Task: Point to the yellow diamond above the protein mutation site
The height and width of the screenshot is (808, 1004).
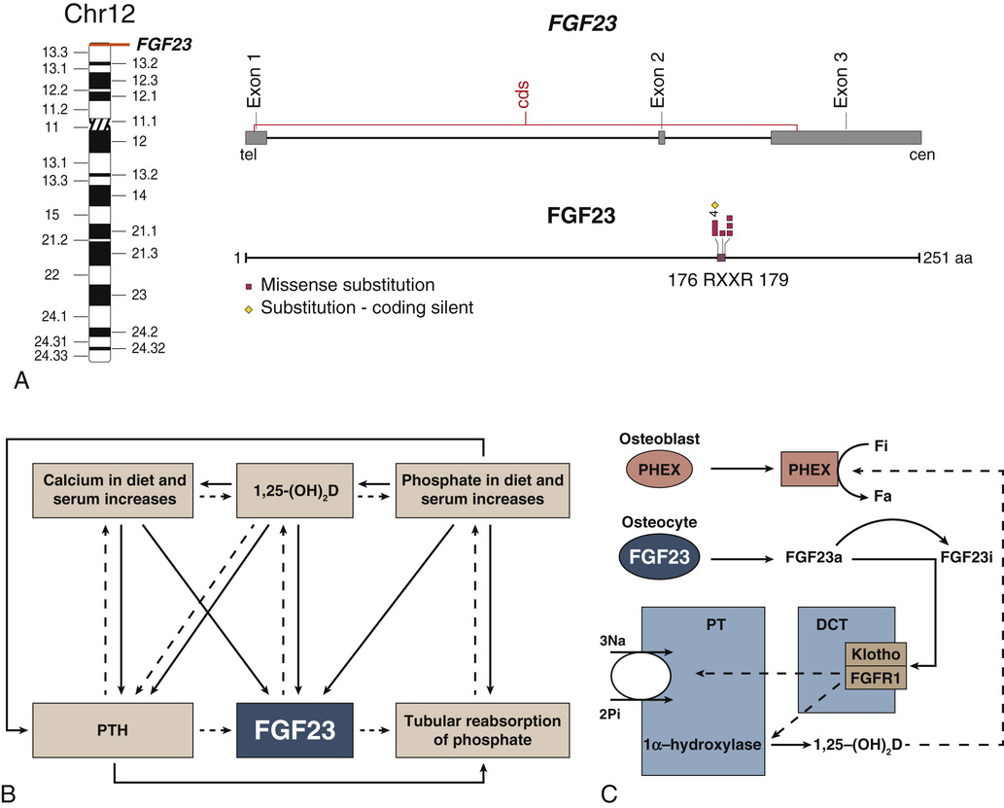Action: [x=714, y=204]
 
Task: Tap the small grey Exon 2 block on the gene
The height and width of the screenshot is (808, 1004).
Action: [x=661, y=138]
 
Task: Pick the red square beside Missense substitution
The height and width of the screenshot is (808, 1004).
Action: [x=248, y=286]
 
